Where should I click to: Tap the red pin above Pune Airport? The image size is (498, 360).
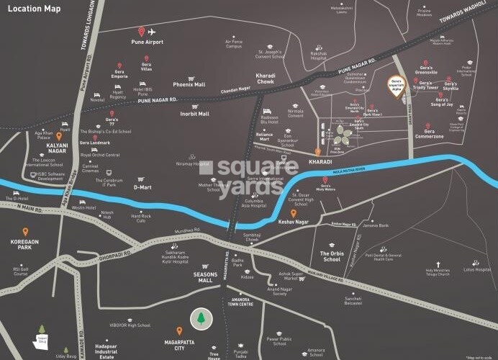point(142,32)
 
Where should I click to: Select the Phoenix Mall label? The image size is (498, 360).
point(189,84)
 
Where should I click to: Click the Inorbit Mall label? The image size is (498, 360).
point(194,114)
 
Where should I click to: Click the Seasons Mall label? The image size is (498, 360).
point(198,277)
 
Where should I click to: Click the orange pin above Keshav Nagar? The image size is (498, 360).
point(293,213)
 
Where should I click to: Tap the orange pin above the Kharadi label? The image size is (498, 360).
point(317,152)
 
